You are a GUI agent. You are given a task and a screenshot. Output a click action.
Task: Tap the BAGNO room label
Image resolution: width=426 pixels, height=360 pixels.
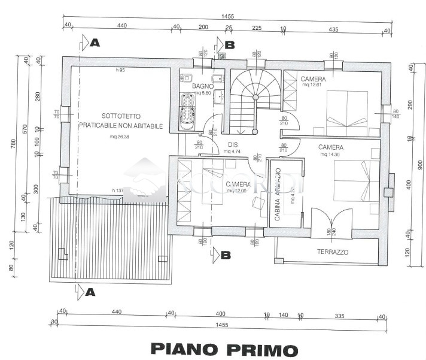point(203,86)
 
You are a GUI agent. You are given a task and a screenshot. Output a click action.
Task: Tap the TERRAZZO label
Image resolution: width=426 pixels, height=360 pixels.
point(332,252)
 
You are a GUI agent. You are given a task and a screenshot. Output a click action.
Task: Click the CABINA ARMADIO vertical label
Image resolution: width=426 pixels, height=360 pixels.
point(278,195)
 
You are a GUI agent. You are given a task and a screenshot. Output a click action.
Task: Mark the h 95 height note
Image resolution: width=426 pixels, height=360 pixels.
point(120,71)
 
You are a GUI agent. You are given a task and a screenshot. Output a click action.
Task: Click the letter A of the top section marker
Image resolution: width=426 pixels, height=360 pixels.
point(94,43)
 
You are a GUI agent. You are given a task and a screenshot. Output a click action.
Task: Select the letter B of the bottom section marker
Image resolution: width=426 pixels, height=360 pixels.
point(226,255)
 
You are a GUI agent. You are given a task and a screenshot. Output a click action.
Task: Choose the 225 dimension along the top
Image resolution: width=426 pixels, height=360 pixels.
point(257,28)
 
